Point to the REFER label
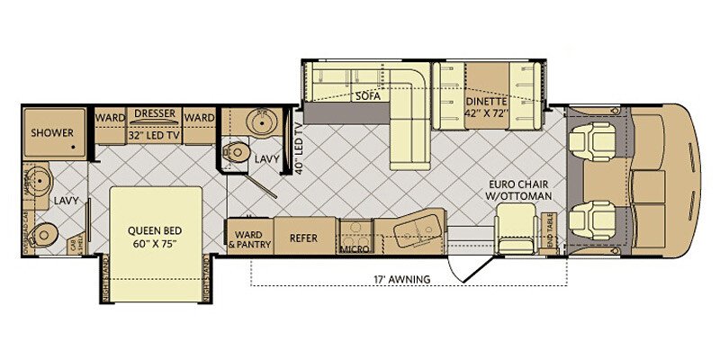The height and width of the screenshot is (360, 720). pos(300,238)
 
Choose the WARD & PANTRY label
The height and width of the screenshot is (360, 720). pos(248,238)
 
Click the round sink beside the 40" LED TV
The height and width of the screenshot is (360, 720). pos(264,123)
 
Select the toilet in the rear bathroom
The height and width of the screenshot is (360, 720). pos(40,236)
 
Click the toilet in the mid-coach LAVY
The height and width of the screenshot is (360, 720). pos(237,152)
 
